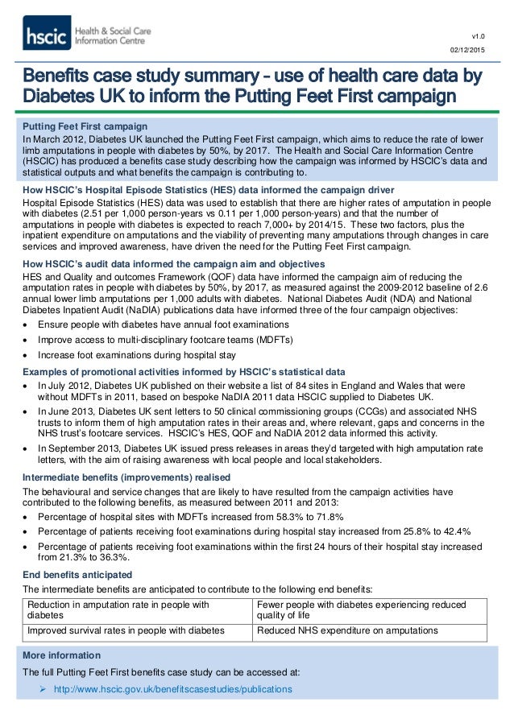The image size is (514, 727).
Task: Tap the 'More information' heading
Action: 61,655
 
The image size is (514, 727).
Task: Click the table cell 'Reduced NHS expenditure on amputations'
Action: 347,630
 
